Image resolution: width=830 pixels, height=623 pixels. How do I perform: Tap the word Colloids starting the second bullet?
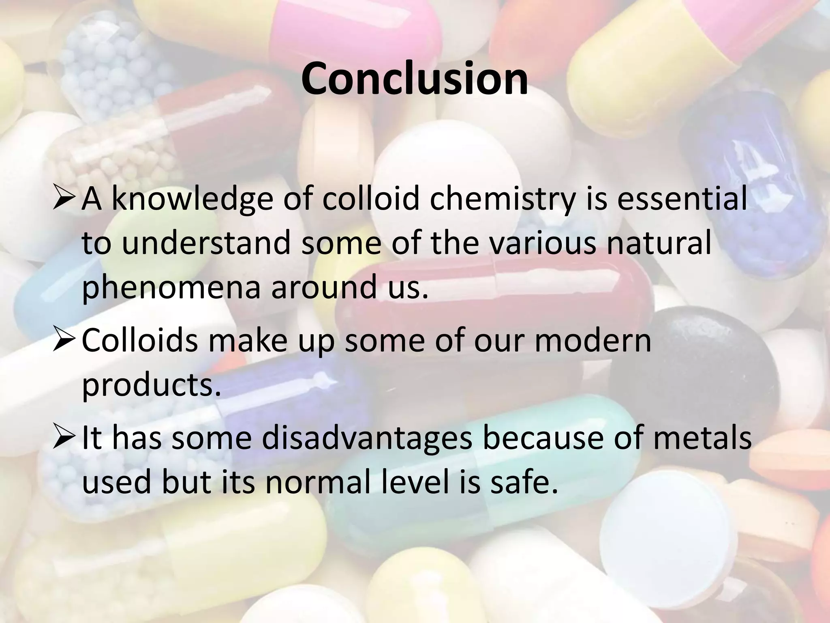[x=139, y=340]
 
